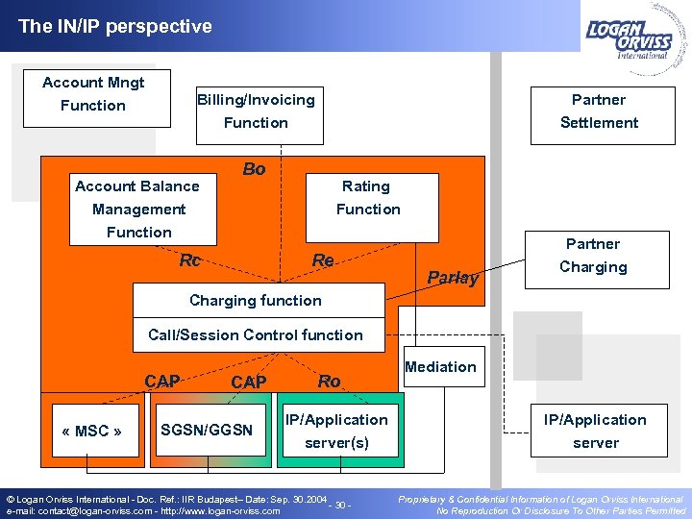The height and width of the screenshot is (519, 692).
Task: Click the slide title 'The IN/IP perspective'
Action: tap(115, 27)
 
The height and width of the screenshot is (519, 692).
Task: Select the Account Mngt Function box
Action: tap(93, 95)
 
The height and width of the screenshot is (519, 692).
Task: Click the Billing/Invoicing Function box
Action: tap(256, 111)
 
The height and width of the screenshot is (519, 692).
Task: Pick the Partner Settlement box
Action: tap(598, 111)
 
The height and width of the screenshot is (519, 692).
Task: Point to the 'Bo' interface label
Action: tap(254, 169)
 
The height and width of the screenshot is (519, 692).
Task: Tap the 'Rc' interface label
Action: tap(190, 260)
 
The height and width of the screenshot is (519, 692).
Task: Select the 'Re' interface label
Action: tap(323, 260)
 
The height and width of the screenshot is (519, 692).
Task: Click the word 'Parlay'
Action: tap(453, 278)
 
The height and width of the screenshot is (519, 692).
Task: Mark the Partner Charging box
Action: tap(592, 256)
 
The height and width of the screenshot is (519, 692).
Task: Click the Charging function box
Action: tap(257, 301)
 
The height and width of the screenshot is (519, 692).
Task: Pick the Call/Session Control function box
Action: tap(256, 335)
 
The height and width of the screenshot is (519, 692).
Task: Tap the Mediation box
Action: tap(440, 367)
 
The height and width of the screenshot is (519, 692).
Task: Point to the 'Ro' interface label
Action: tap(329, 382)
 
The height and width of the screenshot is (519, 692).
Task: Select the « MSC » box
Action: tap(91, 431)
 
